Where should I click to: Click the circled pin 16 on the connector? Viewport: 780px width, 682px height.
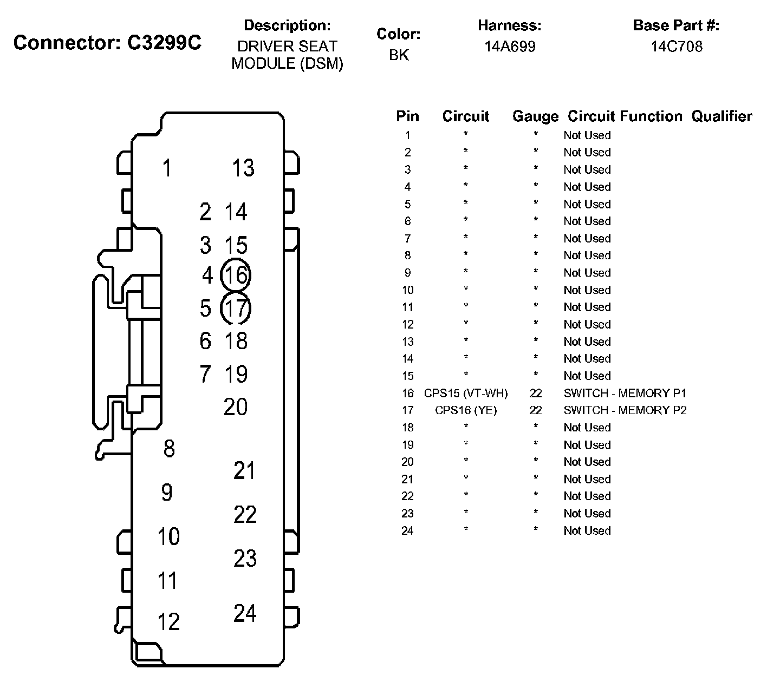click(x=236, y=276)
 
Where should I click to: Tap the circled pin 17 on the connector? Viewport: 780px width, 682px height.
click(x=236, y=308)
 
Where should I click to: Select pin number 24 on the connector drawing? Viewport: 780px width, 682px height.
click(x=245, y=613)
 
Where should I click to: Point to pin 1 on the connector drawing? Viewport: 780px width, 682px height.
click(x=167, y=168)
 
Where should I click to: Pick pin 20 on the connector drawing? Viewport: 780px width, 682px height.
click(x=236, y=406)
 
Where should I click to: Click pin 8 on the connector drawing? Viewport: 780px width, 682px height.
click(x=169, y=448)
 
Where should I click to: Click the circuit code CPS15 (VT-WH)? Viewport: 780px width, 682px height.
click(x=466, y=394)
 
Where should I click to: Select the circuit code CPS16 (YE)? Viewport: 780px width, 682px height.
click(x=466, y=410)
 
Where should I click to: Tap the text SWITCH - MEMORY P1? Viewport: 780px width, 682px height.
click(x=625, y=394)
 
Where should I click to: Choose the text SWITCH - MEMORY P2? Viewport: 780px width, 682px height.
click(x=625, y=410)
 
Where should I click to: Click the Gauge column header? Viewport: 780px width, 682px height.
click(x=535, y=116)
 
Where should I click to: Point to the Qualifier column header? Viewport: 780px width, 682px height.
click(x=721, y=116)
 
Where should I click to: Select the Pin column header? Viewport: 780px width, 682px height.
click(x=407, y=116)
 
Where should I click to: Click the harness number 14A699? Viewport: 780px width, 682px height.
click(x=510, y=47)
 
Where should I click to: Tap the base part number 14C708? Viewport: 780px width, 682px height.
click(x=677, y=47)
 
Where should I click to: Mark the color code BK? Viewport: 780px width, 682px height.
click(x=399, y=55)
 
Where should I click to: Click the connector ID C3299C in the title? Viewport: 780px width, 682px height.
click(x=164, y=43)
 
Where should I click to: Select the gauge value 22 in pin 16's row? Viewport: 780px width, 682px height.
click(x=535, y=394)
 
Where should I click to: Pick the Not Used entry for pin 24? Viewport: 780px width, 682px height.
click(x=587, y=531)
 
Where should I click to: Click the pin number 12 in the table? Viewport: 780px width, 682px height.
click(x=407, y=325)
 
